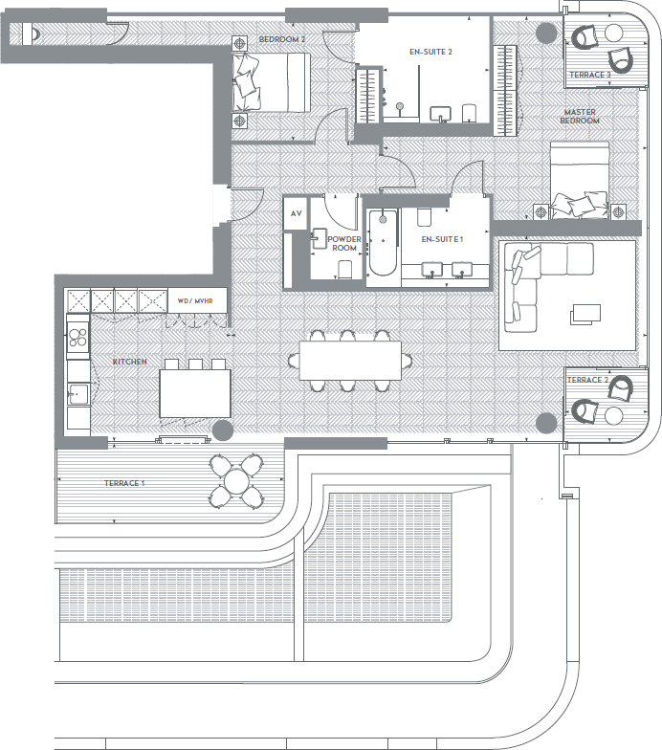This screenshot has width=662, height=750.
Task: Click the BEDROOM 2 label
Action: coord(282,39)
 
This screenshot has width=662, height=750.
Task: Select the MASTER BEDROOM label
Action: coord(580,116)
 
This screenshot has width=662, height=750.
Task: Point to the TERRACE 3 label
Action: coord(588,75)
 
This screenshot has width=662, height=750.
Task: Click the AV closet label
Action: coord(296,213)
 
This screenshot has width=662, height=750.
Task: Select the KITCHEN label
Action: coord(129,363)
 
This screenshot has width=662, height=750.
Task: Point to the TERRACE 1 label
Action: coord(124,484)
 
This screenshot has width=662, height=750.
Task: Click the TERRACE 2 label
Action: coord(587,380)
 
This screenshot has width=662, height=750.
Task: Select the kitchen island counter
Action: coord(195,393)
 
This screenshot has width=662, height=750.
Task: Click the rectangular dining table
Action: coord(350,360)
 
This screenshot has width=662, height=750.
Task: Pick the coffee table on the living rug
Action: coord(585,314)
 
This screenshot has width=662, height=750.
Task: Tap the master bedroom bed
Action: coord(579,178)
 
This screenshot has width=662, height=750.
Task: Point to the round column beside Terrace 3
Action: coord(545,33)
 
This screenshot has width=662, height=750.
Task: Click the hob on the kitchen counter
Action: coord(77,337)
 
